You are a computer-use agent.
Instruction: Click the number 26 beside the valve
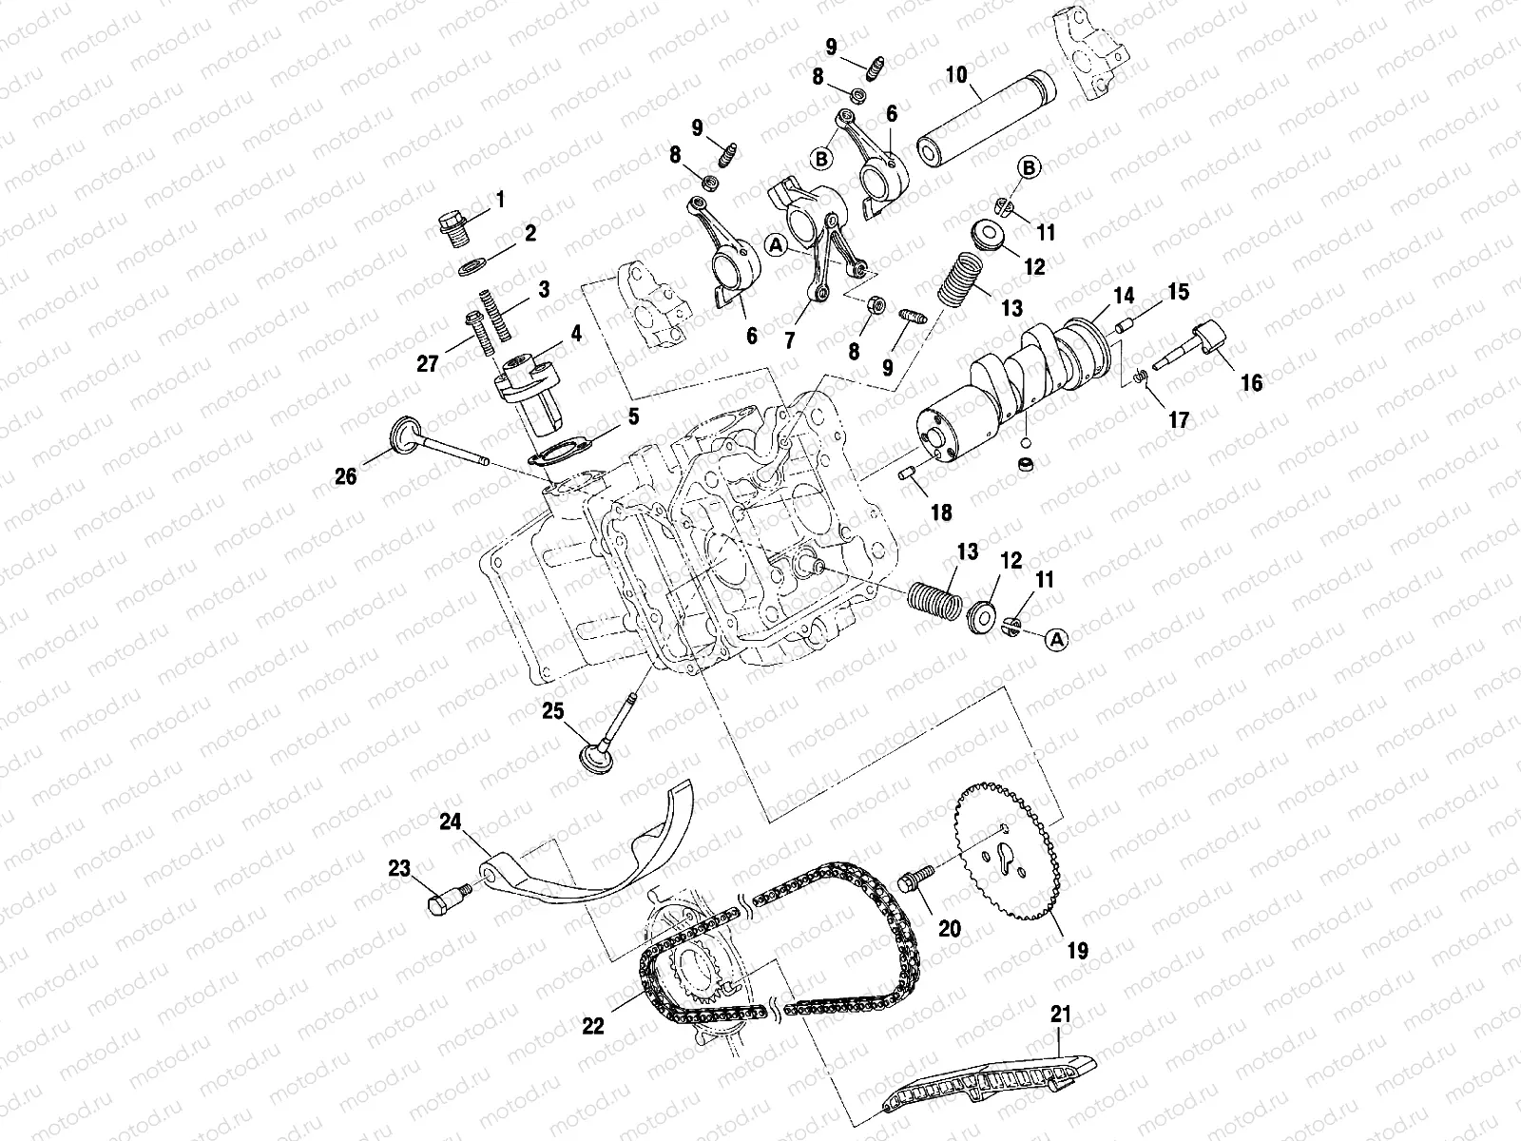point(345,475)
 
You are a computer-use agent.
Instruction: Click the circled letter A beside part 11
point(1054,640)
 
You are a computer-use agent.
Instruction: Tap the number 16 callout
point(1252,382)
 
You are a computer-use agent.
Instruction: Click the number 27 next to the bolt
point(428,363)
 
